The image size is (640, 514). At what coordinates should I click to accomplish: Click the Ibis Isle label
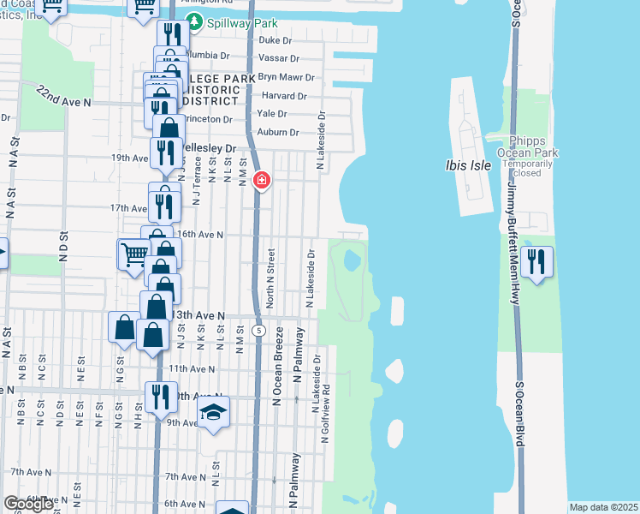coord(469,165)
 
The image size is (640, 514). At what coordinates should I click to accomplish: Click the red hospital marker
coord(262,181)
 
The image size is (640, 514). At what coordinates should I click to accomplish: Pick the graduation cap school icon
coord(213,413)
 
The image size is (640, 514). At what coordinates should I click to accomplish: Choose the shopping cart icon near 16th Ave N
coord(133,254)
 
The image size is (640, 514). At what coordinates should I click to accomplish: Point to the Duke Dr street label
coord(276,40)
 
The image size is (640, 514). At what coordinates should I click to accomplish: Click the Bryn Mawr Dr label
coord(286,77)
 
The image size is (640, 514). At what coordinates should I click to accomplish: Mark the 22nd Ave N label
coord(64,101)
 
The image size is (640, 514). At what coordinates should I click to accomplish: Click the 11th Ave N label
coord(190,368)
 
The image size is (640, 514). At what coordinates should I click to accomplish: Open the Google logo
coord(28,504)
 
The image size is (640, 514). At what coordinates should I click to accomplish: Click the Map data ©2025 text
coord(604,507)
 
